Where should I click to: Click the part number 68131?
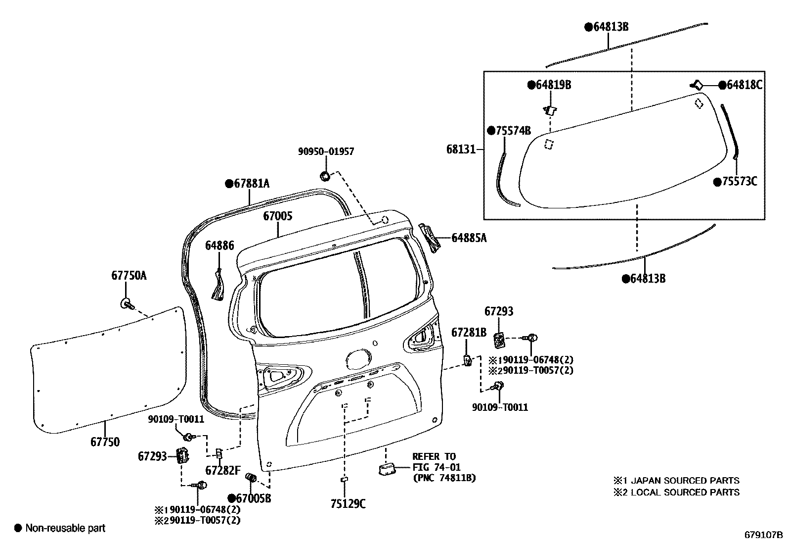click(460, 149)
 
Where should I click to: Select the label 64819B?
click(553, 85)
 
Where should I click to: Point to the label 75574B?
click(513, 131)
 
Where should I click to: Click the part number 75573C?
click(739, 182)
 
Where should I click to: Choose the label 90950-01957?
click(326, 151)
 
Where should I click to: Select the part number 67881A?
click(251, 184)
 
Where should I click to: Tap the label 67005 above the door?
click(277, 216)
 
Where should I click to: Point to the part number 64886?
click(219, 246)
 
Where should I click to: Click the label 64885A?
click(469, 239)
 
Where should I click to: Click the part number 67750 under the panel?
click(105, 442)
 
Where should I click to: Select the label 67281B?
click(469, 333)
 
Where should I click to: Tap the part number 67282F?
click(223, 470)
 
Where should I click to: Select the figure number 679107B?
click(764, 535)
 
